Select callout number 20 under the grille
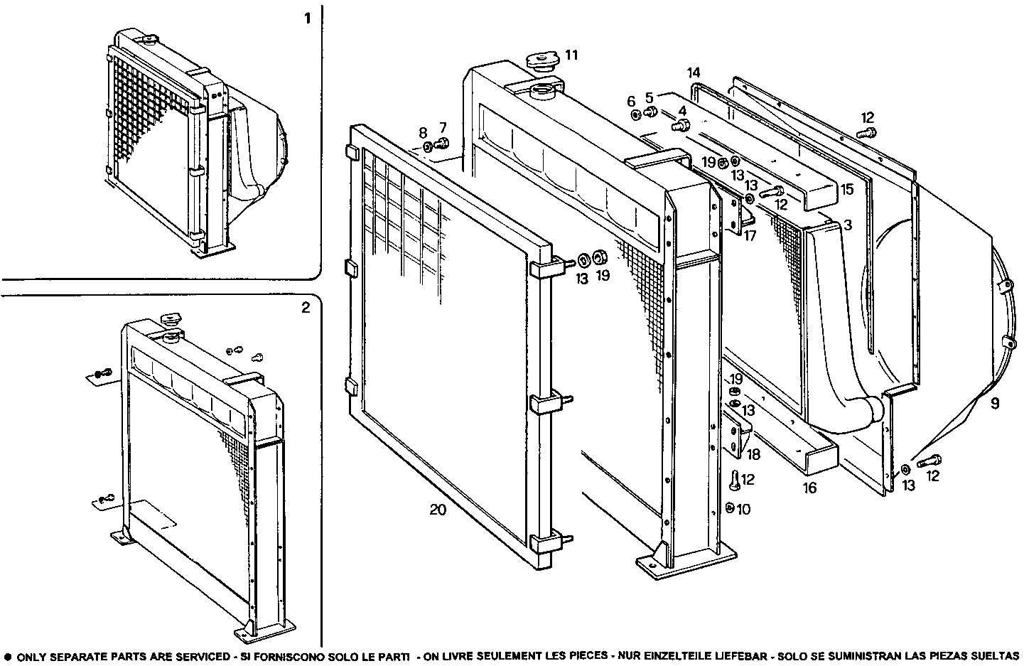point(438,510)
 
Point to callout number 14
point(694,72)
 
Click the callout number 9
point(994,404)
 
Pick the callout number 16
point(809,488)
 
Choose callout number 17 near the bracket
point(750,235)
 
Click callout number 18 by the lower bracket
point(753,453)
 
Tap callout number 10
point(743,509)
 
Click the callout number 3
point(846,225)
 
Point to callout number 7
point(443,127)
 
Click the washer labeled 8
point(428,146)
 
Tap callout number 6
point(630,101)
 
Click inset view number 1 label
point(307,18)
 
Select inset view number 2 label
point(306,308)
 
